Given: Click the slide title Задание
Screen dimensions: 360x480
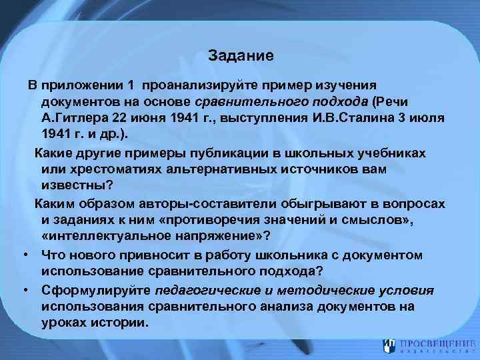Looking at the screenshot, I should tap(240, 56).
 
